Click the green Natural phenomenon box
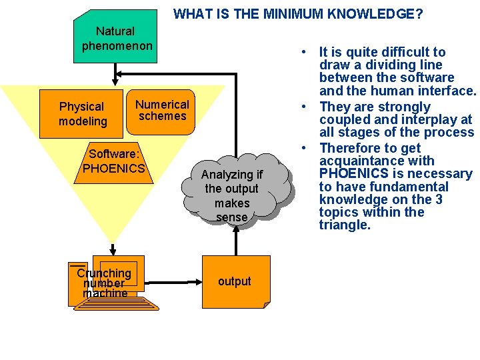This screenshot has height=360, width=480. [x=115, y=39]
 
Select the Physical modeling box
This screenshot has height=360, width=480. [x=83, y=114]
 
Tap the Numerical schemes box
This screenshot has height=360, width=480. [x=162, y=110]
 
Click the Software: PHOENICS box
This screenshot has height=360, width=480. [x=113, y=161]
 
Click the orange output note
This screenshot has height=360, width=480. [x=234, y=281]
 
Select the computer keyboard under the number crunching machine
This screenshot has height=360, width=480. [x=117, y=303]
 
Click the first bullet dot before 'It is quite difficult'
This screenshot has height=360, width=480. [x=303, y=53]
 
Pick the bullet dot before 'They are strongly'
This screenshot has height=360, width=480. [x=303, y=107]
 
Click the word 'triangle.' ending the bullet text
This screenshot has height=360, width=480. [x=345, y=225]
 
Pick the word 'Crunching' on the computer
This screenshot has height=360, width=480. [x=104, y=273]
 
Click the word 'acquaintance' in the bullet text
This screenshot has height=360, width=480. [x=377, y=161]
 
